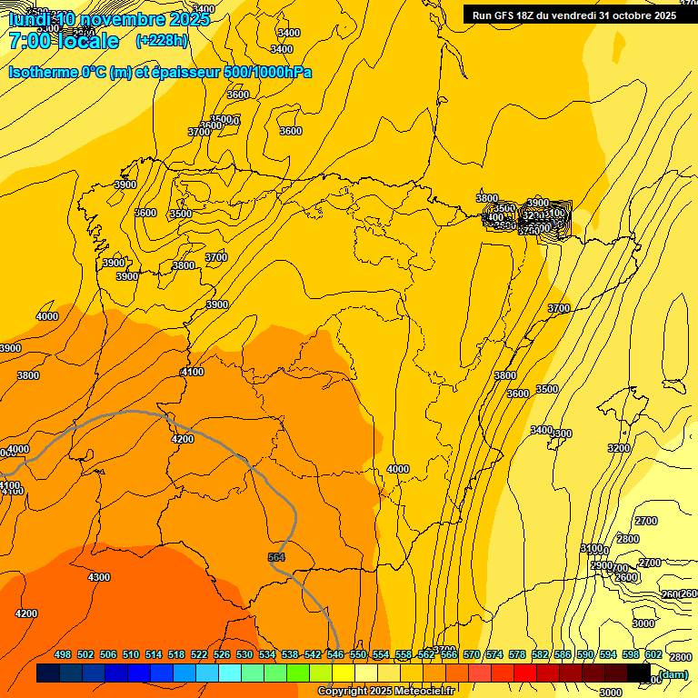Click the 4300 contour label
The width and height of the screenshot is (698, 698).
[x=99, y=577]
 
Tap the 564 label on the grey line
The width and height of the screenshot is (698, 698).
[x=277, y=557]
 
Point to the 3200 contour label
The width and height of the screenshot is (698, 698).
[x=619, y=448]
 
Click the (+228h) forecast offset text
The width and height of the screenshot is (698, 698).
[x=162, y=40]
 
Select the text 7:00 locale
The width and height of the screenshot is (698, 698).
[x=64, y=41]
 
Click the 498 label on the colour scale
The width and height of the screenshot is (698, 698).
[x=63, y=654]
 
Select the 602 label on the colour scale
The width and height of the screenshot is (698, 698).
[x=653, y=654]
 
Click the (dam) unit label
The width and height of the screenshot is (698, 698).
[x=673, y=673]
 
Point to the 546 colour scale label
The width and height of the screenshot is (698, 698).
[x=335, y=654]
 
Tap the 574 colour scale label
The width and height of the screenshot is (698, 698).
[x=494, y=654]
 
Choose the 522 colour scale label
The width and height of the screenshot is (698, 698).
[x=199, y=654]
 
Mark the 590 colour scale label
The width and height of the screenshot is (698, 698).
[x=585, y=654]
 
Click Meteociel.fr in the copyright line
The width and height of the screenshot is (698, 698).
[x=412, y=692]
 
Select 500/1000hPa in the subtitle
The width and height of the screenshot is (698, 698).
[x=268, y=72]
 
